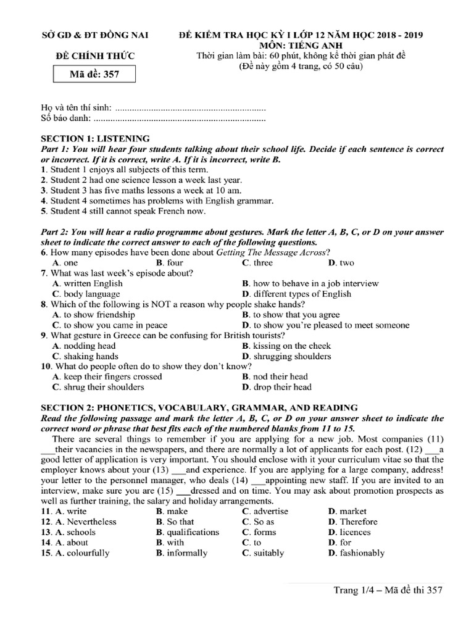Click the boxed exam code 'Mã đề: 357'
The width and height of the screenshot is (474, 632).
[94, 75]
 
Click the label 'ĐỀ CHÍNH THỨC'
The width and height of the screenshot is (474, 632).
[94, 57]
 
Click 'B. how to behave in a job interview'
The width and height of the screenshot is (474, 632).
[310, 283]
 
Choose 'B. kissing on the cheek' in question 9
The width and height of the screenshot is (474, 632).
[286, 346]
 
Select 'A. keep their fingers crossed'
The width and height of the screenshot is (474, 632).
[107, 376]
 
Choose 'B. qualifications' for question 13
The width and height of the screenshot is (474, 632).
[188, 532]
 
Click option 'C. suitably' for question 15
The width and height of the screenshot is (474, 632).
[264, 553]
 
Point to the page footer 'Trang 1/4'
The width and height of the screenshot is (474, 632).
[354, 591]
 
